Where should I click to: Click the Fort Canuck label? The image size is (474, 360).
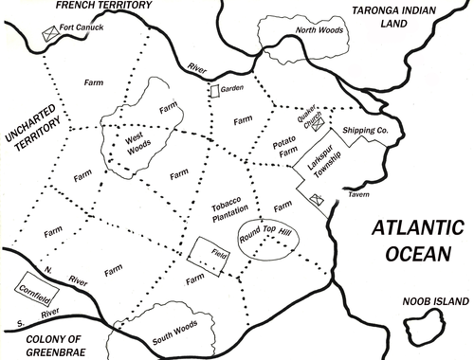(x=81, y=27)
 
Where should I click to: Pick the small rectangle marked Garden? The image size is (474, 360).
(x=214, y=89)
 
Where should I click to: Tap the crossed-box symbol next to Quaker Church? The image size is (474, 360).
(x=319, y=122)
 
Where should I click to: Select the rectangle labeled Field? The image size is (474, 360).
(x=206, y=253)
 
